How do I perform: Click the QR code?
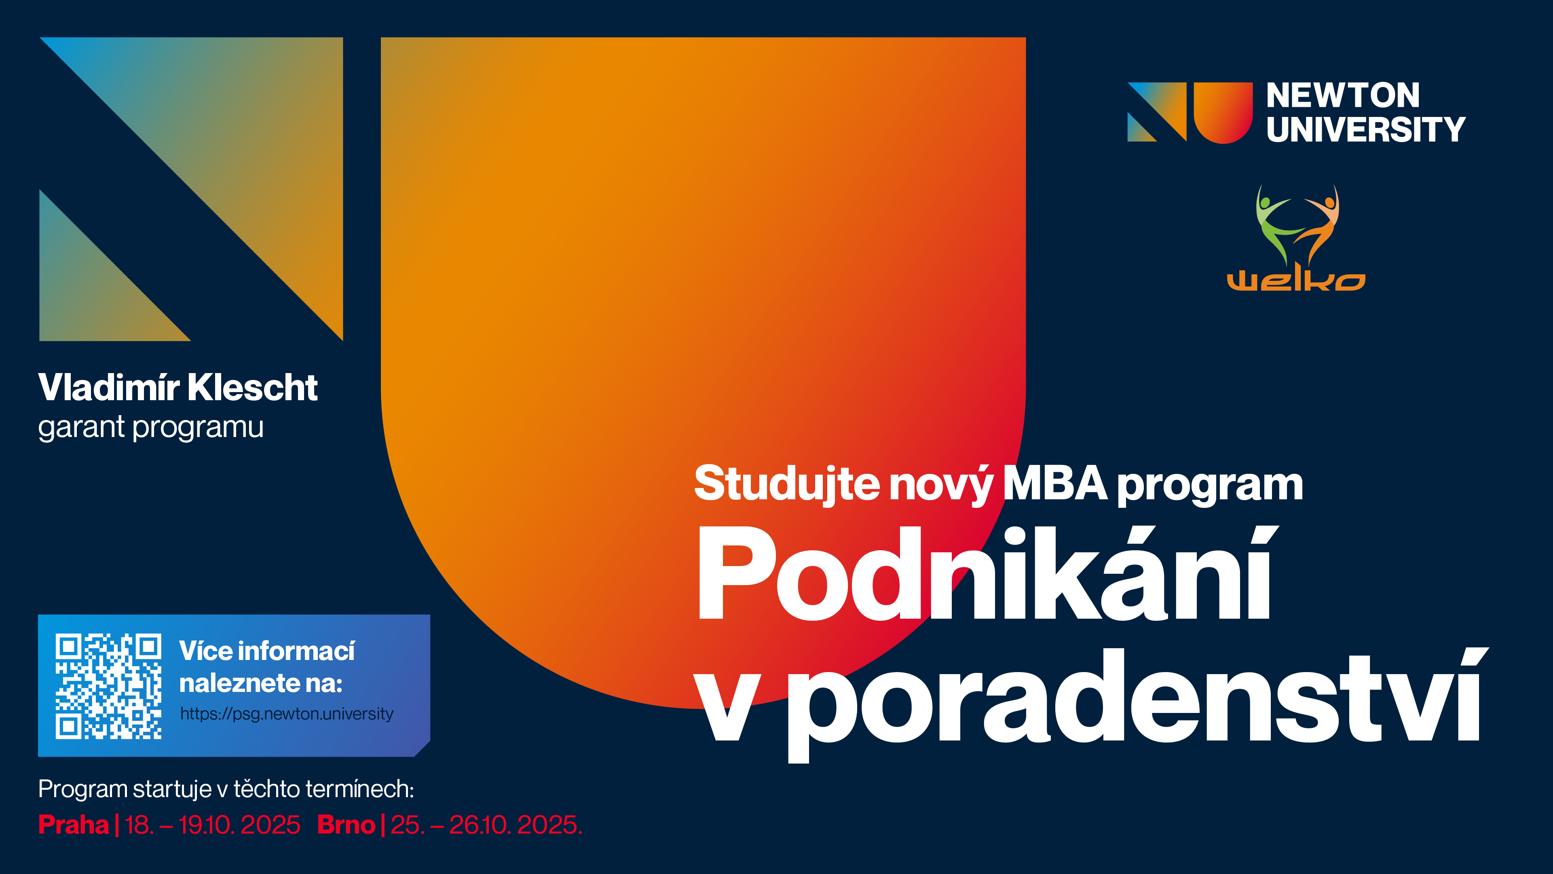click(x=108, y=686)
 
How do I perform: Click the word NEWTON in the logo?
click(x=1343, y=95)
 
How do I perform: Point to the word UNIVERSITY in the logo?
click(x=1365, y=129)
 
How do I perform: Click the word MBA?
click(x=1055, y=484)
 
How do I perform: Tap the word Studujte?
click(x=787, y=484)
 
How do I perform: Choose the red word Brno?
click(x=346, y=825)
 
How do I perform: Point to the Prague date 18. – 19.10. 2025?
click(x=212, y=825)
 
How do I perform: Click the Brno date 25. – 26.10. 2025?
click(x=486, y=825)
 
